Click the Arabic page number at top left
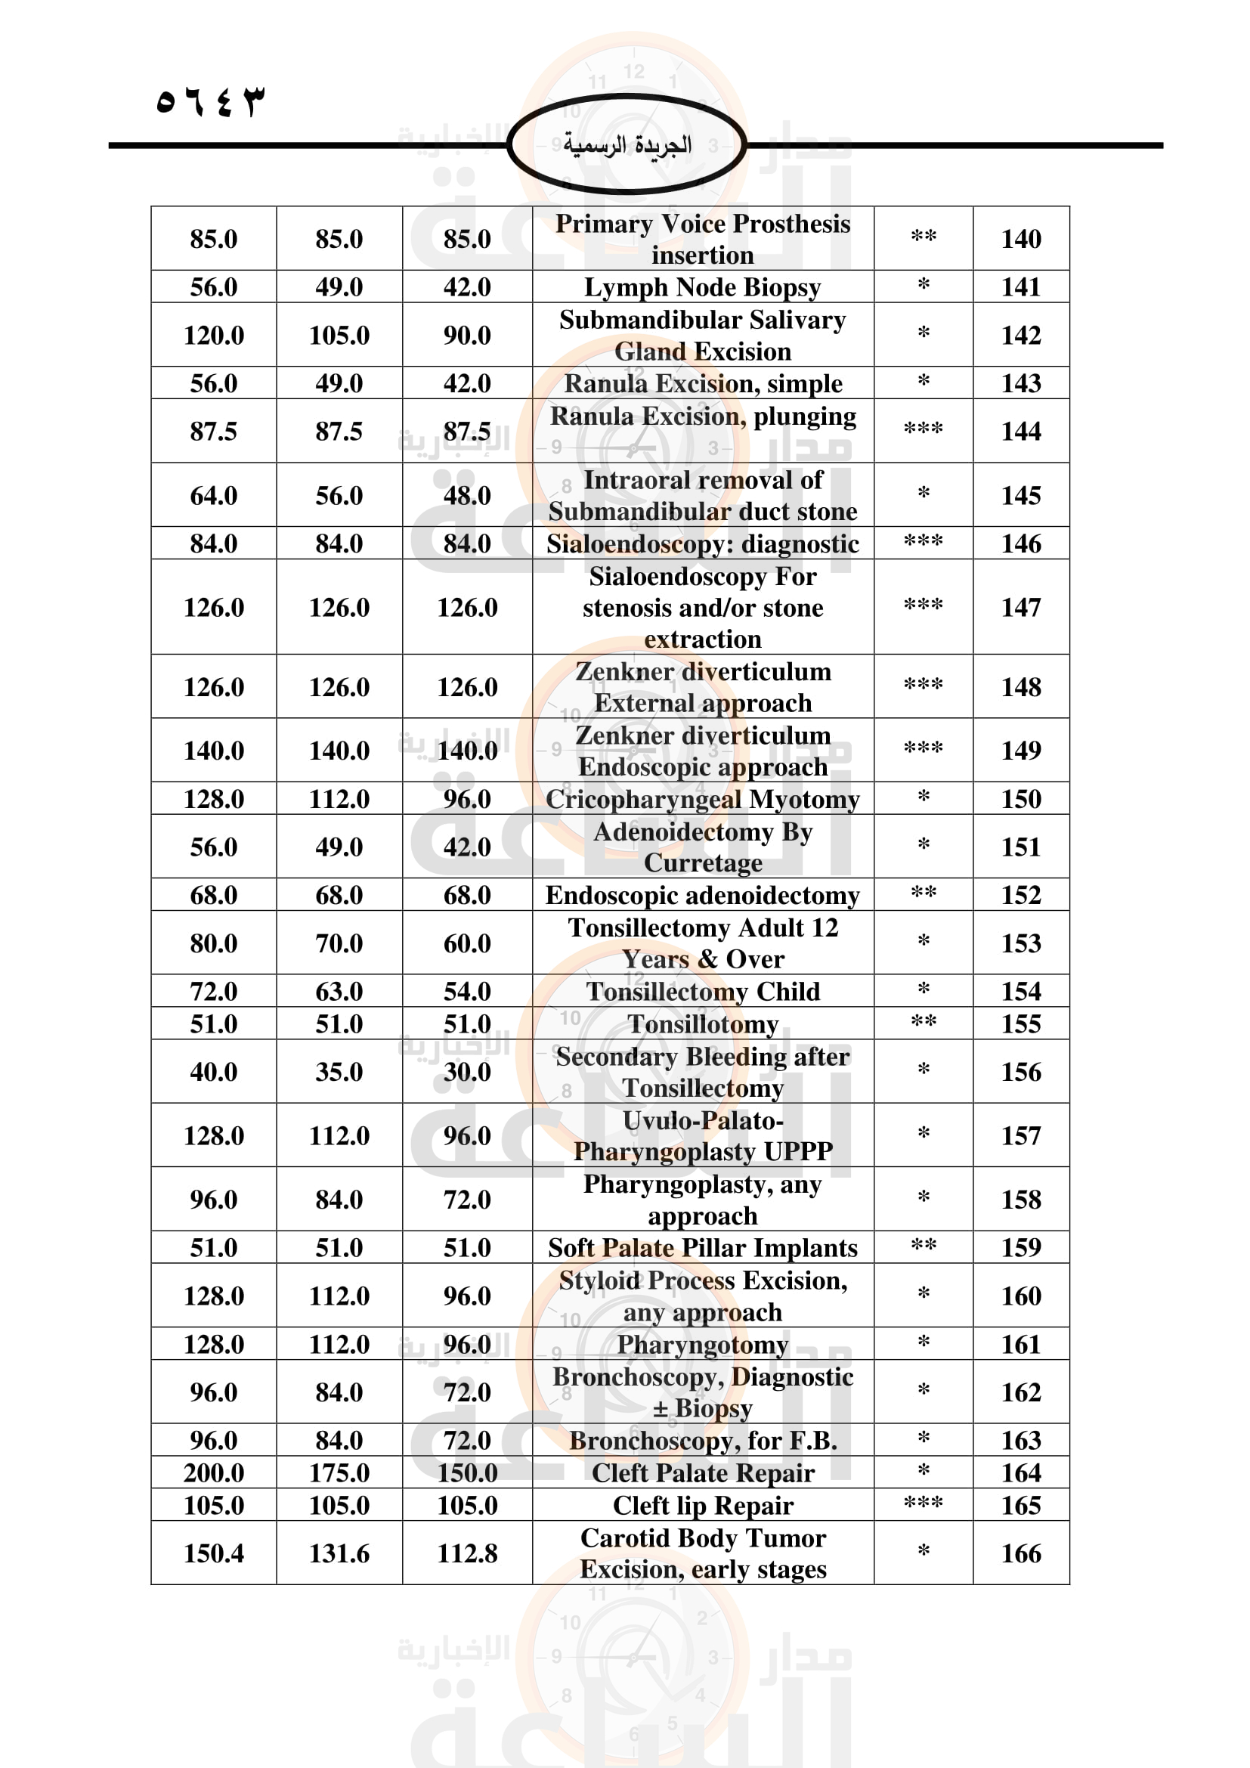209,101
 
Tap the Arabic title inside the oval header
627,145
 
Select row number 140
1020,239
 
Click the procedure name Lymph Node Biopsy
702,287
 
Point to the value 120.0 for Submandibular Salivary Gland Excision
213,335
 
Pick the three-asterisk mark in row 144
923,429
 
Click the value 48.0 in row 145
466,495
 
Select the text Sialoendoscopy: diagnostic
702,543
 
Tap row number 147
1020,608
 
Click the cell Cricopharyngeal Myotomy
702,799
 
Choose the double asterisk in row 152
923,894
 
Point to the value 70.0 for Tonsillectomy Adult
339,943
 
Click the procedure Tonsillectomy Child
702,992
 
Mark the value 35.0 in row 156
339,1072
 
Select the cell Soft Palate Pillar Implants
702,1247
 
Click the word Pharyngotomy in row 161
702,1345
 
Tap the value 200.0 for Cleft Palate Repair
213,1473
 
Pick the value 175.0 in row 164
339,1473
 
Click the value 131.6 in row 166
339,1554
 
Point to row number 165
1020,1506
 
